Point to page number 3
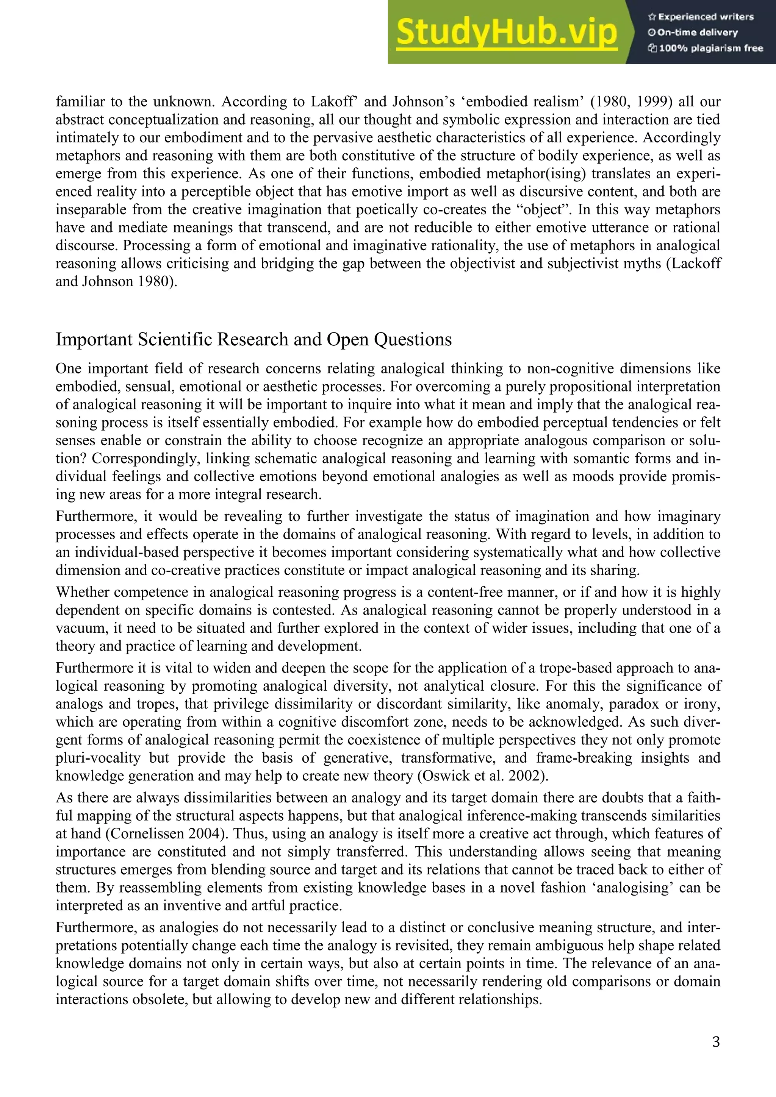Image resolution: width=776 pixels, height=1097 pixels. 716,1042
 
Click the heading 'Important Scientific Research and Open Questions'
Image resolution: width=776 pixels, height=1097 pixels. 253,339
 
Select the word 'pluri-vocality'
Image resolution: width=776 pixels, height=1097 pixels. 98,758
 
